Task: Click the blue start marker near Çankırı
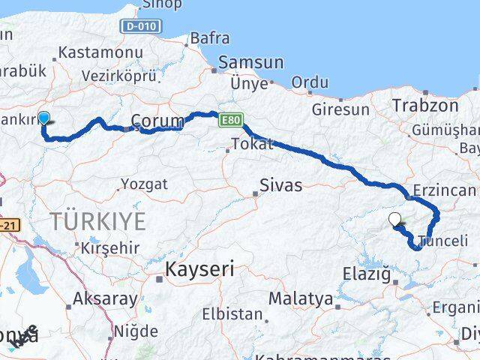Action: (x=44, y=118)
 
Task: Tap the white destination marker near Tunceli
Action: (x=395, y=220)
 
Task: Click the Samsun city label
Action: (x=241, y=63)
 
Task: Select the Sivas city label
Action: (x=280, y=184)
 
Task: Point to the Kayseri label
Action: (x=199, y=268)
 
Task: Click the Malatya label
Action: (x=300, y=298)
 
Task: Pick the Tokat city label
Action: (x=252, y=144)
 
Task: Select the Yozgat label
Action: (x=145, y=184)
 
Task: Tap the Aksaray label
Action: (x=105, y=298)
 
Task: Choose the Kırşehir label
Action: (x=112, y=247)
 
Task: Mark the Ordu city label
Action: (x=310, y=81)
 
